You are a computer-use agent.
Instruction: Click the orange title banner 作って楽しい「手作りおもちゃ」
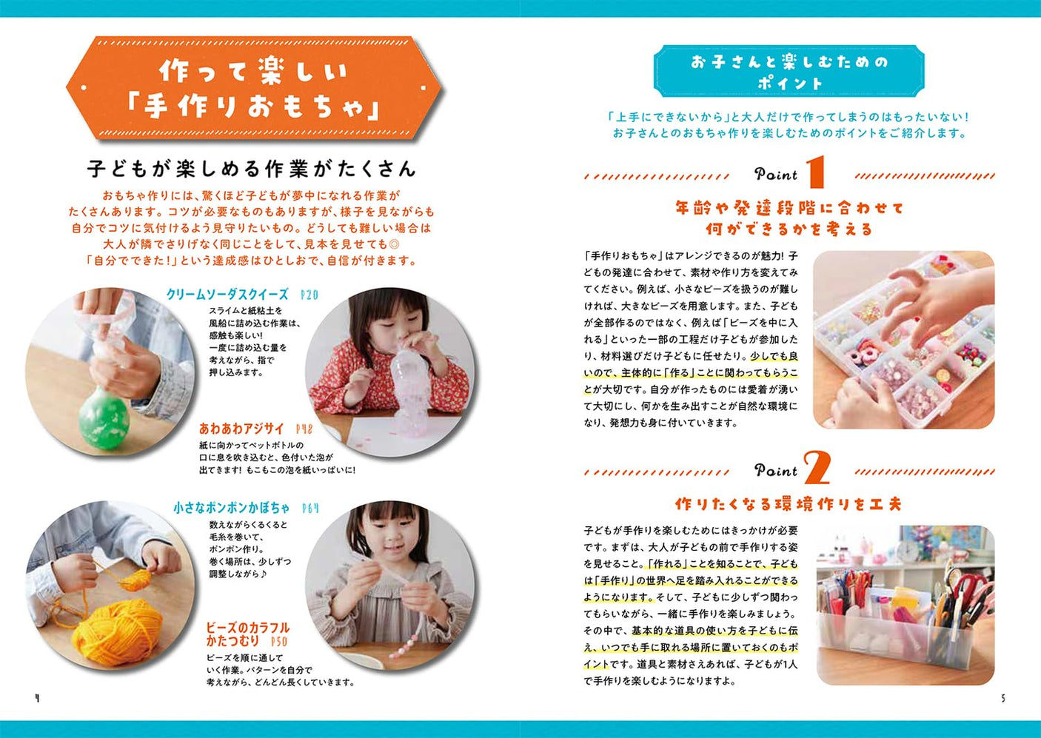pyautogui.click(x=253, y=89)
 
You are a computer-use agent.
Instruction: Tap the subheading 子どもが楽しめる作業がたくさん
pyautogui.click(x=251, y=169)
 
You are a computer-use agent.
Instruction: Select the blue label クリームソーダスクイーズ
pyautogui.click(x=227, y=295)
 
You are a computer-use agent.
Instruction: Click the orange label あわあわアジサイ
pyautogui.click(x=241, y=429)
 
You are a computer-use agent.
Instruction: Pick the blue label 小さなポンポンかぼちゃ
pyautogui.click(x=232, y=508)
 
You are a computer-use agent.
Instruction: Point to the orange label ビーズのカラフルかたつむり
pyautogui.click(x=247, y=634)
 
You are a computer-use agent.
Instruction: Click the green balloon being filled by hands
pyautogui.click(x=104, y=418)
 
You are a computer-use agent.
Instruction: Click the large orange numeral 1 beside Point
pyautogui.click(x=815, y=172)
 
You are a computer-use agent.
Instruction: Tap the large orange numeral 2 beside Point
pyautogui.click(x=816, y=468)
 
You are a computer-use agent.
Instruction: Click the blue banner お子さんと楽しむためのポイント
pyautogui.click(x=789, y=72)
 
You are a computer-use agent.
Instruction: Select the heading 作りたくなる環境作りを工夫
pyautogui.click(x=789, y=504)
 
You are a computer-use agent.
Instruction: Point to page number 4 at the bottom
pyautogui.click(x=37, y=698)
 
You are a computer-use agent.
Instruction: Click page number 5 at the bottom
pyautogui.click(x=1003, y=698)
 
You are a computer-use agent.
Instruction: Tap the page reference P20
pyautogui.click(x=309, y=295)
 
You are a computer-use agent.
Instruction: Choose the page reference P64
pyautogui.click(x=311, y=508)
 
